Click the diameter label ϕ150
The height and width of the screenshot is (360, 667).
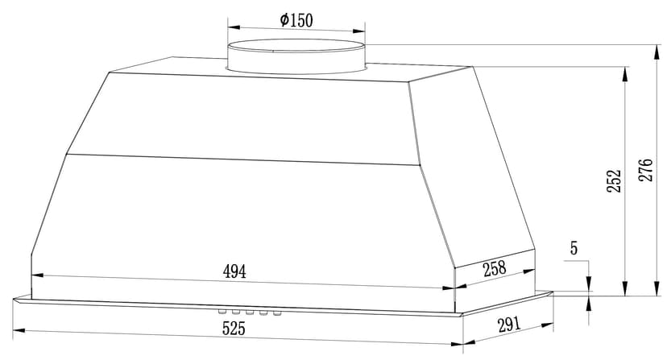(x=296, y=20)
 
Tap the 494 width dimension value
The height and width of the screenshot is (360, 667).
(x=234, y=271)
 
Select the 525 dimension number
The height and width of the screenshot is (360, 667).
(x=234, y=329)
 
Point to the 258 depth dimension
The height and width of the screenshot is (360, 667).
(x=495, y=268)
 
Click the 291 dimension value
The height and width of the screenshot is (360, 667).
(x=509, y=325)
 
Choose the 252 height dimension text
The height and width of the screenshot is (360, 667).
(x=614, y=181)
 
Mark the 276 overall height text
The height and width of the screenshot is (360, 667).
(x=645, y=170)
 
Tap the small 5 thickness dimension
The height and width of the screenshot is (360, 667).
(x=574, y=248)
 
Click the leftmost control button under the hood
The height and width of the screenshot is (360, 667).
(x=222, y=312)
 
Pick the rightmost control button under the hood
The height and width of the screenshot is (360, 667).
(x=277, y=313)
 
